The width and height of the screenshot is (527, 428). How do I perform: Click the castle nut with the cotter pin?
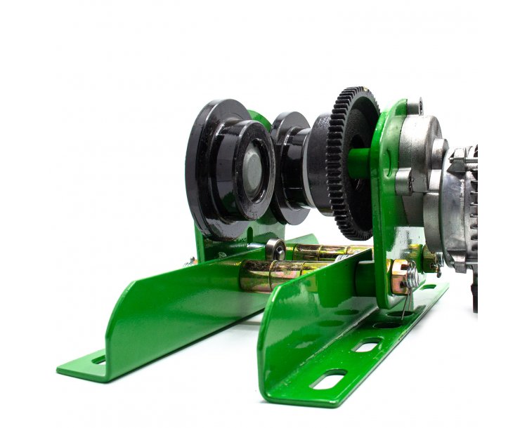point(402,276)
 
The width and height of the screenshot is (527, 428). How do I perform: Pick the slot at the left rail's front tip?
point(98,359)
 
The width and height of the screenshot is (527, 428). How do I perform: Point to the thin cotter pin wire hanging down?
point(405,305)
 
